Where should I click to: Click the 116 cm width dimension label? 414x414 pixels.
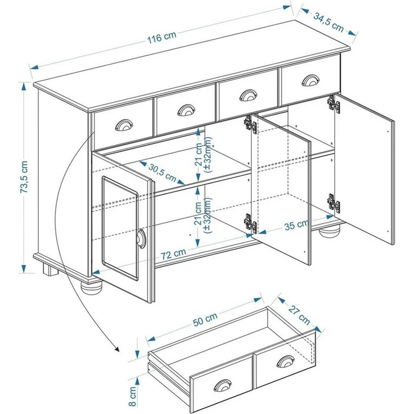coord(162,38)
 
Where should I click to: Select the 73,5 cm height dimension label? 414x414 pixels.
coord(24,177)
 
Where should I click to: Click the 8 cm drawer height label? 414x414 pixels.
coord(132,396)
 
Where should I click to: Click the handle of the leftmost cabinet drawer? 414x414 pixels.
coord(122,124)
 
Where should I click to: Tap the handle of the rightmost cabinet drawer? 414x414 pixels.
coord(309,80)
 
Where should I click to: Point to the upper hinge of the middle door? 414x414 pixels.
coord(250,124)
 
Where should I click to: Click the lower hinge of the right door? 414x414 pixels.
coord(333,203)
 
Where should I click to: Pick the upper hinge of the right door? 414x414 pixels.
coord(334,103)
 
